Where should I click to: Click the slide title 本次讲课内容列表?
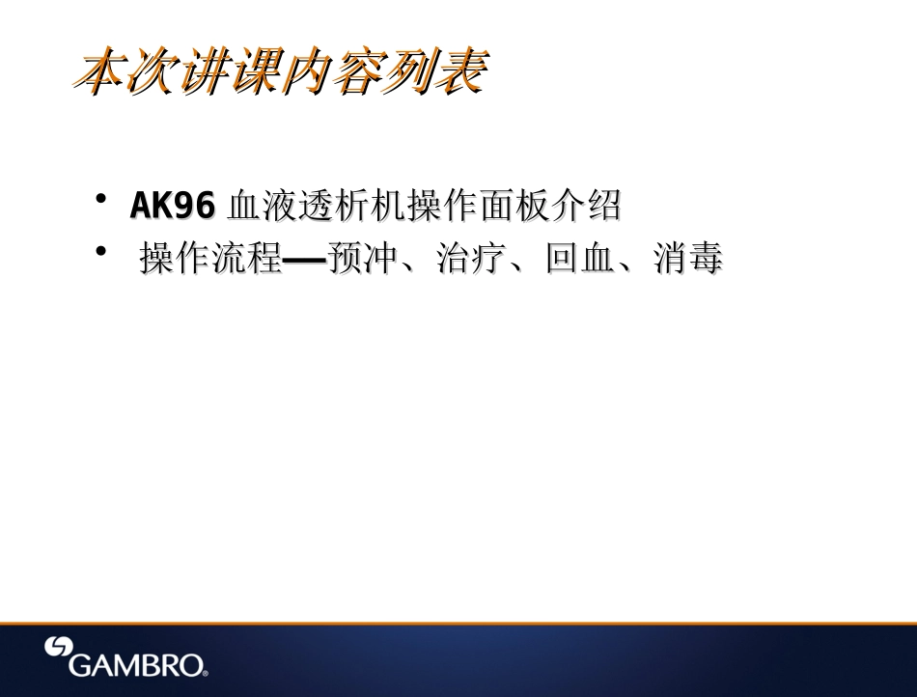click(281, 72)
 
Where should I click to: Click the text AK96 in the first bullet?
click(172, 206)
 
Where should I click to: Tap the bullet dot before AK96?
click(100, 198)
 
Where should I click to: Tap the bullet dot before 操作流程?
click(100, 251)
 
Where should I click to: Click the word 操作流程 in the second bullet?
click(209, 259)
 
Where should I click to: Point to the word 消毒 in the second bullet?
click(688, 259)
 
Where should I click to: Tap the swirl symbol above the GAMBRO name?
click(60, 648)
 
